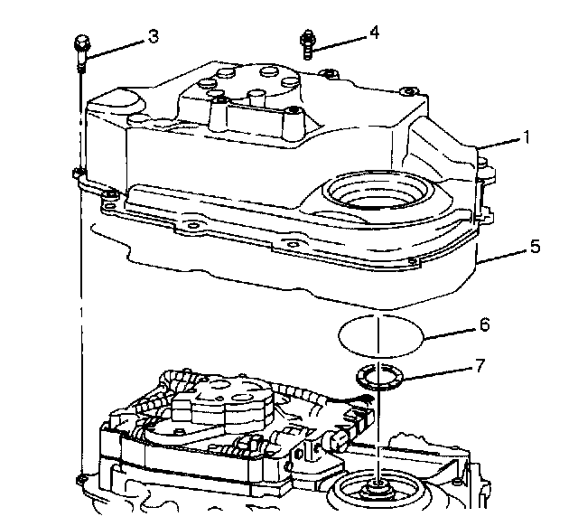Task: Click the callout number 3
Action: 154,36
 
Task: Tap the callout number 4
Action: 373,33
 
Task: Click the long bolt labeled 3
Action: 80,52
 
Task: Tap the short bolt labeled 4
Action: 308,42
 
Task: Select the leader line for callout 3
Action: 117,42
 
